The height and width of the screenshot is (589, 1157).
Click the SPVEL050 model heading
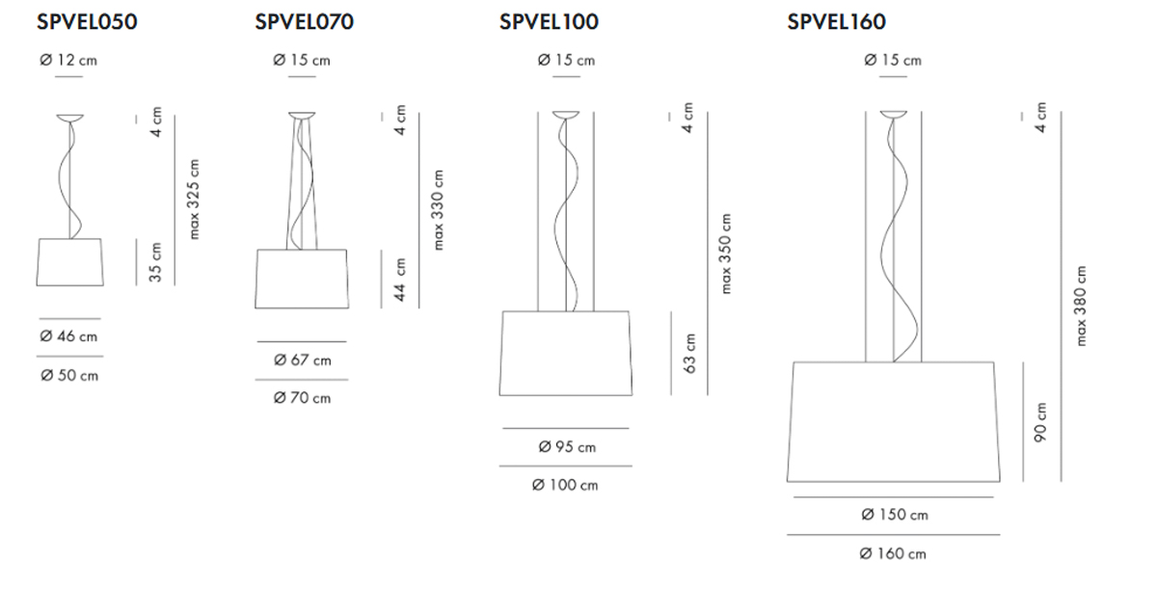tap(87, 21)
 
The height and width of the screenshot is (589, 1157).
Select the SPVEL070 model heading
tap(305, 21)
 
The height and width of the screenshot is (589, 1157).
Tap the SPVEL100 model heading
tap(549, 21)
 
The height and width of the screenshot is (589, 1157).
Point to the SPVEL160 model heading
tap(836, 21)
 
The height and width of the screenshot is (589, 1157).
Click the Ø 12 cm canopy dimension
tap(68, 61)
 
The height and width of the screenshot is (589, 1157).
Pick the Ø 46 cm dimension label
tap(68, 336)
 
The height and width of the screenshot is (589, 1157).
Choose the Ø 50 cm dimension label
tap(69, 375)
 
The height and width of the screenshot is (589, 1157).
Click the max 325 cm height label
tap(193, 200)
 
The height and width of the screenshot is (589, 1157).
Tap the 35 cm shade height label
tap(155, 262)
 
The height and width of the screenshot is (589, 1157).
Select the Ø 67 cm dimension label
tap(302, 360)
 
